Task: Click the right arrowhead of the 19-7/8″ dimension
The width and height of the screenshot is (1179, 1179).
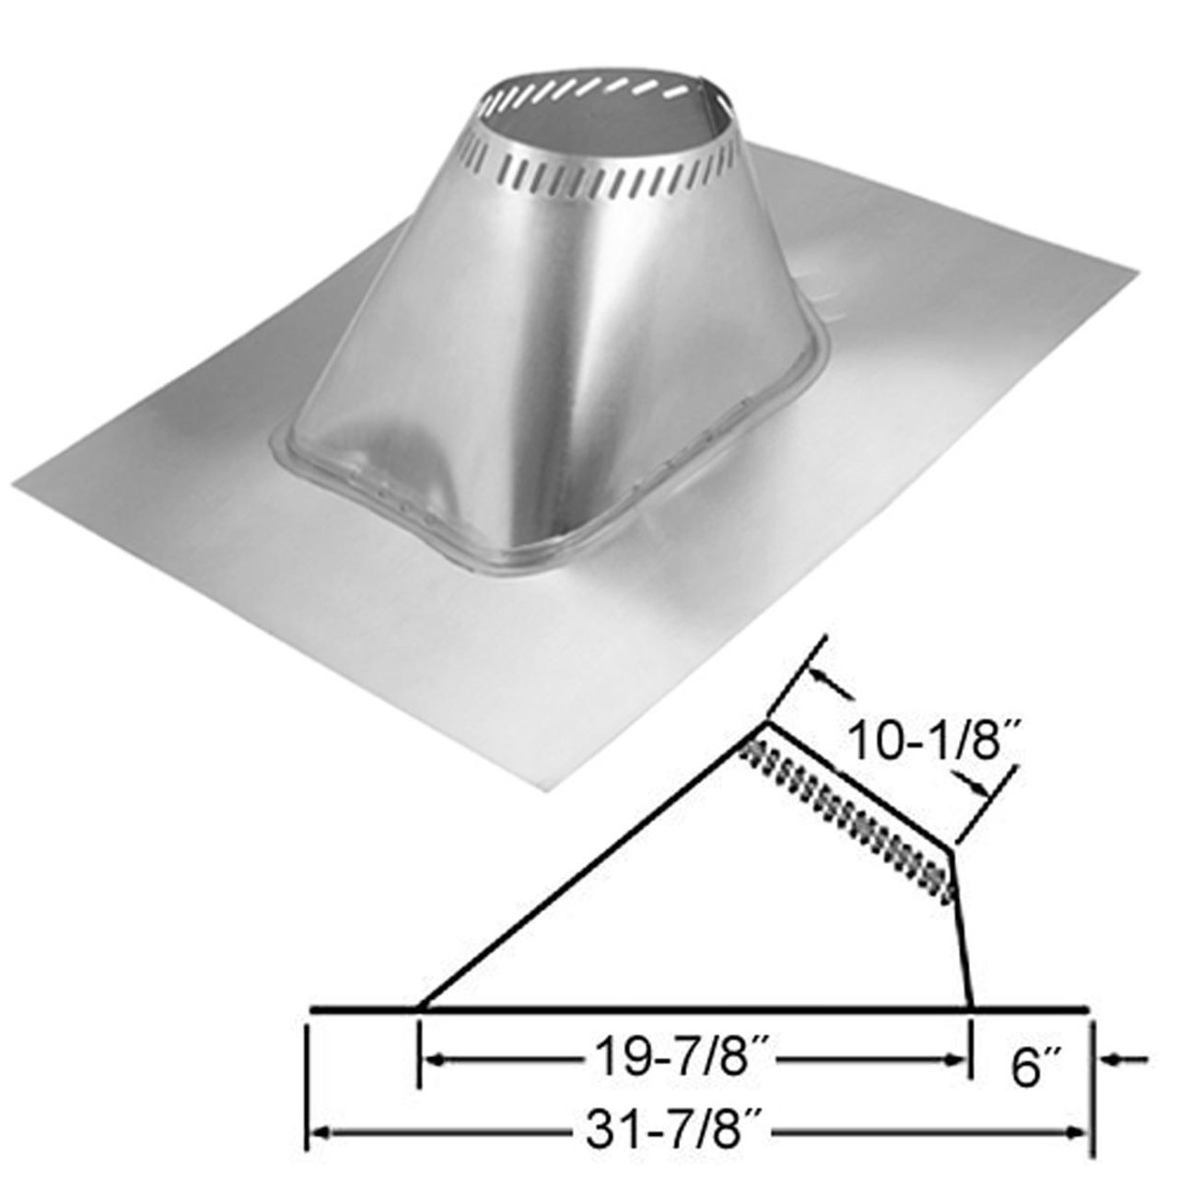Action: tap(960, 1061)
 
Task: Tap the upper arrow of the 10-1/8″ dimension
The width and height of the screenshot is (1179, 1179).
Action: tap(825, 683)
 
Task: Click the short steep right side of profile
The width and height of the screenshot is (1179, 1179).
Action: tap(963, 930)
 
